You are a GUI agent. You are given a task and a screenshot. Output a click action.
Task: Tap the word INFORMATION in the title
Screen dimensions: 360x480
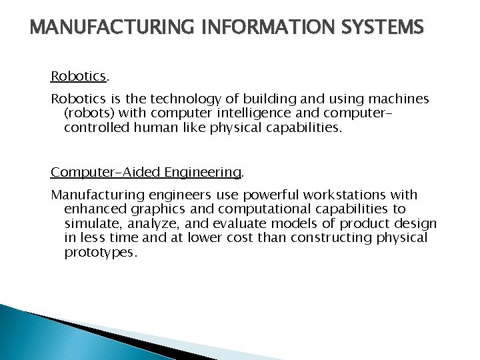coord(255,28)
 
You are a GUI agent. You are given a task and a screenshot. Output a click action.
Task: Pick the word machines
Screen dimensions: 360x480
coord(399,99)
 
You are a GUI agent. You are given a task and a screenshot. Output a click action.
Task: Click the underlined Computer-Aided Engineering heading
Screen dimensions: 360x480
coord(146,172)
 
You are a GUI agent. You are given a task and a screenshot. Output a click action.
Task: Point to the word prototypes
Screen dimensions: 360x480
coord(100,253)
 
